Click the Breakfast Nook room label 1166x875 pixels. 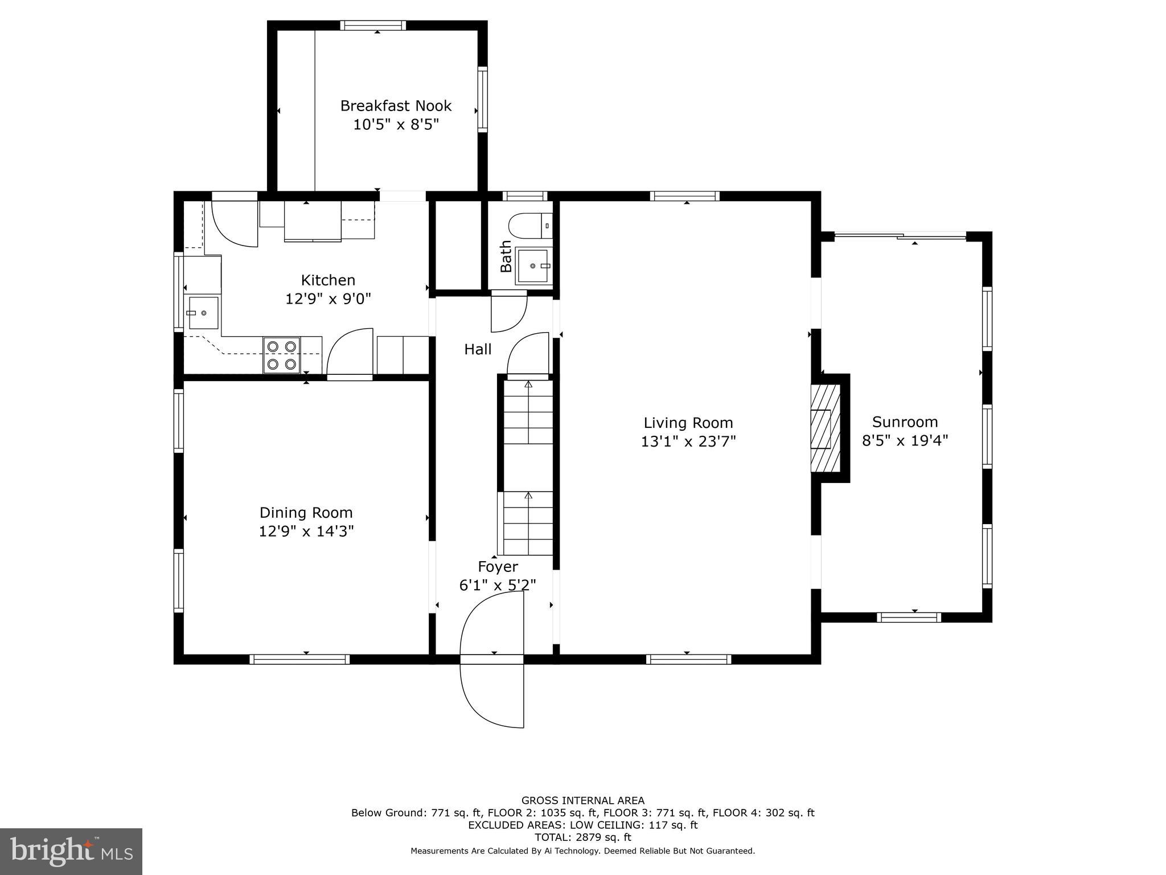pyautogui.click(x=396, y=106)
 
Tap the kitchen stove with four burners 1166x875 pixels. pyautogui.click(x=282, y=355)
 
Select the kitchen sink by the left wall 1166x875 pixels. pyautogui.click(x=203, y=313)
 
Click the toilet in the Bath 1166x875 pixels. pyautogui.click(x=529, y=226)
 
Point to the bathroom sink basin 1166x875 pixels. pyautogui.click(x=533, y=265)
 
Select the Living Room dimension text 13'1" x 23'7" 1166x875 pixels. pyautogui.click(x=688, y=441)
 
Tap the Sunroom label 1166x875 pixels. pyautogui.click(x=905, y=422)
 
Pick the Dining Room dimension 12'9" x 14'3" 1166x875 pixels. pyautogui.click(x=306, y=531)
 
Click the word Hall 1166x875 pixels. pyautogui.click(x=478, y=349)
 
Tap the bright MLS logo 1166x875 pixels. pyautogui.click(x=71, y=851)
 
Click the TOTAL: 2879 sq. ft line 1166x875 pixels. pyautogui.click(x=582, y=837)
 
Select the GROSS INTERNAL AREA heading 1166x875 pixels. pyautogui.click(x=582, y=800)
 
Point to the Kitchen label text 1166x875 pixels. pyautogui.click(x=328, y=280)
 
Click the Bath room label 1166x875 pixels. pyautogui.click(x=506, y=256)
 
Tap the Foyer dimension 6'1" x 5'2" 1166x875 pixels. pyautogui.click(x=498, y=585)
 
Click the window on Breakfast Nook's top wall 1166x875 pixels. pyautogui.click(x=373, y=26)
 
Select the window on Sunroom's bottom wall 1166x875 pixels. pyautogui.click(x=909, y=617)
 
